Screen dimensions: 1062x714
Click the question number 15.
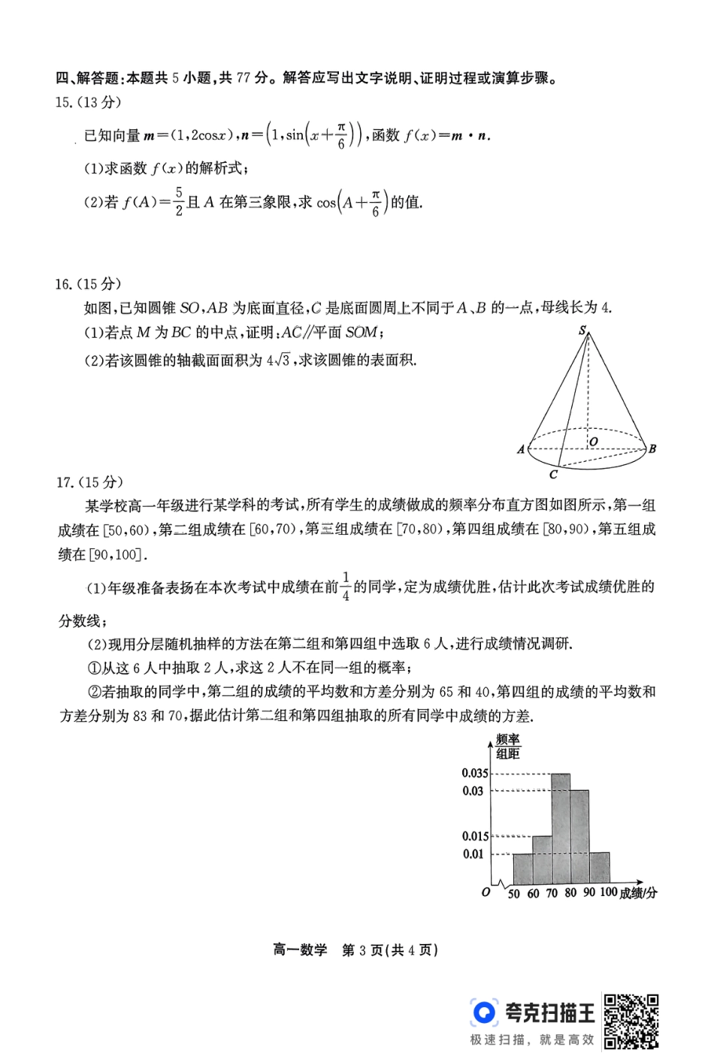(64, 103)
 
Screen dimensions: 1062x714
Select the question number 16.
(64, 284)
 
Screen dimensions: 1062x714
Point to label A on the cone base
(520, 449)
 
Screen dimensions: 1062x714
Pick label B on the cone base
(652, 448)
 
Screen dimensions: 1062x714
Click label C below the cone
(553, 475)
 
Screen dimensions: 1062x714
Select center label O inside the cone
(594, 442)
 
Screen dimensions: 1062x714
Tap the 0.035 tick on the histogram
(475, 773)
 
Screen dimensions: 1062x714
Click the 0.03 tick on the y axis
(473, 791)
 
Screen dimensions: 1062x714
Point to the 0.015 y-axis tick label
(475, 836)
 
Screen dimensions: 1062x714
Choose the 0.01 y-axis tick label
(473, 854)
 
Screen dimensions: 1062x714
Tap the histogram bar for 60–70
(542, 859)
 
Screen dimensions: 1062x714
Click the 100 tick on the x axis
(608, 892)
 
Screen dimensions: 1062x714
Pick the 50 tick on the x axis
(513, 894)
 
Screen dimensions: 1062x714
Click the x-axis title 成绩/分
(639, 893)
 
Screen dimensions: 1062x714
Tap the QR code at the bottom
(631, 1021)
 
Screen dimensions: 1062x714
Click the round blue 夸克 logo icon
(484, 1012)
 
